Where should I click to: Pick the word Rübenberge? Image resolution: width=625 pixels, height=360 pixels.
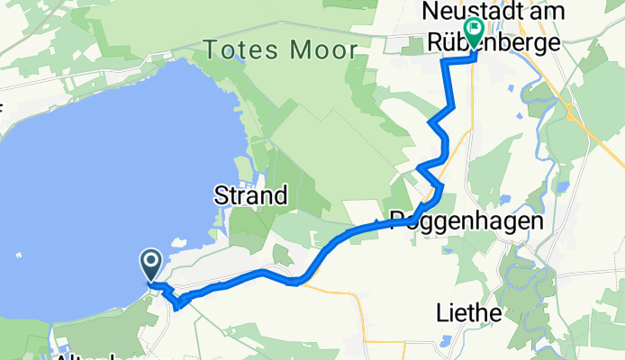pyautogui.click(x=512, y=41)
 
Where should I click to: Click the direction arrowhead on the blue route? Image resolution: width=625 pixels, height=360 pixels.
pyautogui.click(x=377, y=222)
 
